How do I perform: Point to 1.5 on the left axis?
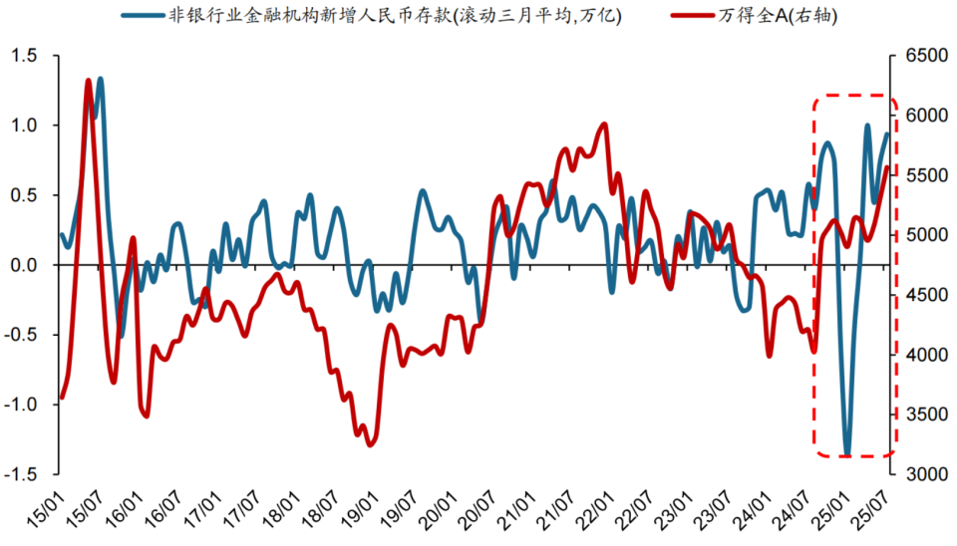point(29,56)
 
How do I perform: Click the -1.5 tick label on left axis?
point(26,475)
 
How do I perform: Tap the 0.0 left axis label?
point(29,265)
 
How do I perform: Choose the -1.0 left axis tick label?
point(26,406)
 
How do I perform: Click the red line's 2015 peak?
point(88,81)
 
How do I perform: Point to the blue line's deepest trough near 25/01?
point(847,453)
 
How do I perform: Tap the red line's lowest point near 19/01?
point(371,444)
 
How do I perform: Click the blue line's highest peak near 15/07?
point(101,79)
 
